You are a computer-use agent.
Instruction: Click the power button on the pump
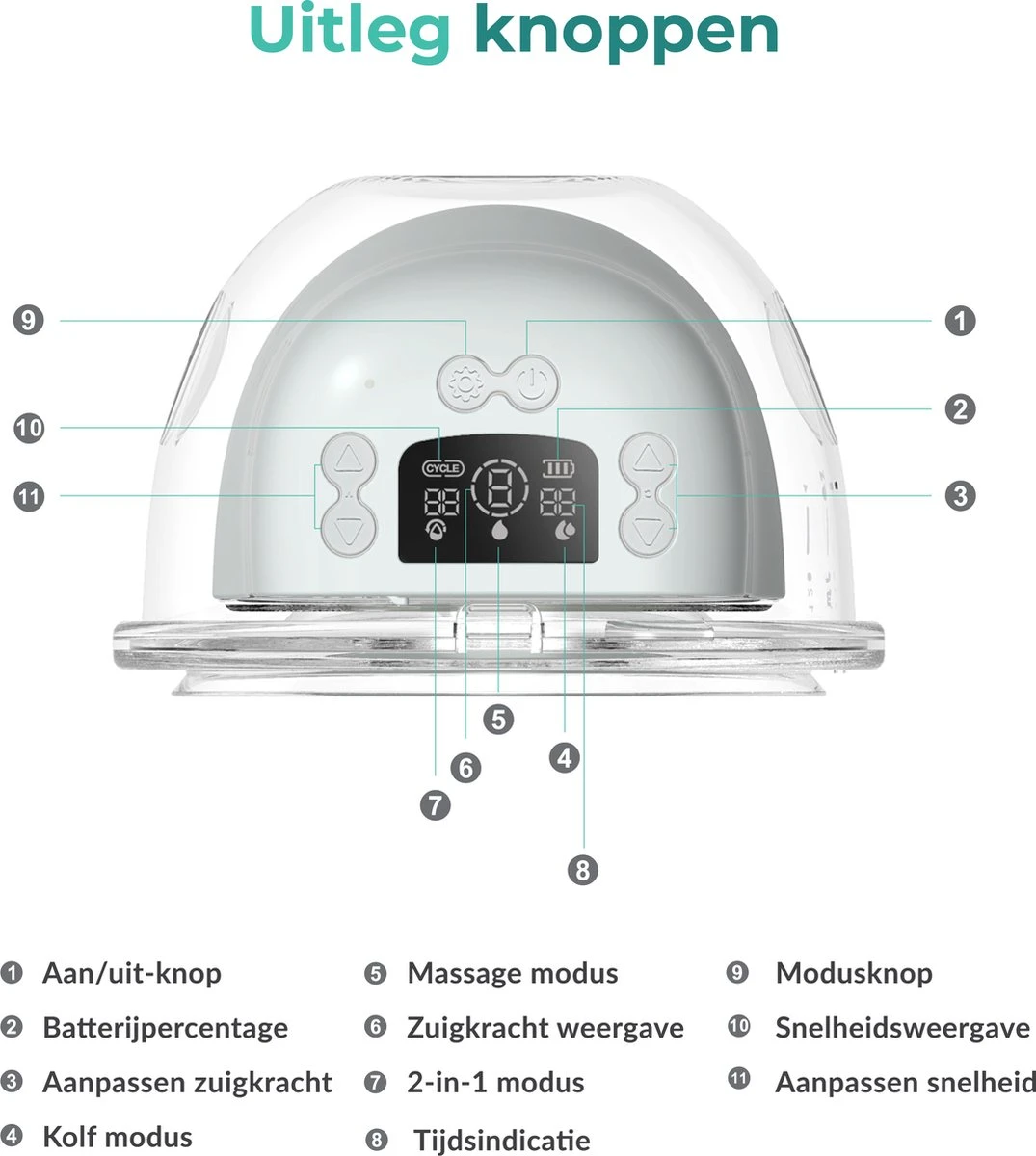click(x=531, y=383)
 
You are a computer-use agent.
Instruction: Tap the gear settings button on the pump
click(x=465, y=383)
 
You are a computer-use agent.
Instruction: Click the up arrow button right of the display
click(x=648, y=459)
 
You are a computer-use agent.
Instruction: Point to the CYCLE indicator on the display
click(x=443, y=468)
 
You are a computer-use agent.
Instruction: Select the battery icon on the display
click(x=558, y=469)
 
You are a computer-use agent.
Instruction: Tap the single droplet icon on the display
click(x=499, y=530)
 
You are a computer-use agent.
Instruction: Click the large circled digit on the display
click(x=499, y=489)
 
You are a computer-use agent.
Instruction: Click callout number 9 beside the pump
click(x=28, y=321)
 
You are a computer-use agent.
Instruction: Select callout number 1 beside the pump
click(x=960, y=321)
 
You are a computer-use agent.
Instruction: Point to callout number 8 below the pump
click(x=583, y=870)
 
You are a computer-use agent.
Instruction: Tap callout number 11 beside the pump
click(x=29, y=496)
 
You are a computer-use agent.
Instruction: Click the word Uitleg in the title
click(x=350, y=33)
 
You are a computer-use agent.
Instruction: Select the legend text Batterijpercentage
click(x=166, y=1028)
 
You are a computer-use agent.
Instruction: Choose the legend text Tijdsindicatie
click(x=502, y=1140)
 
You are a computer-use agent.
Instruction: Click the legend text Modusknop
click(x=854, y=973)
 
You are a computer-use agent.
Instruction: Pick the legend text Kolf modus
click(x=118, y=1137)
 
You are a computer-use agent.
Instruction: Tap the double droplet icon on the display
click(x=565, y=531)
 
